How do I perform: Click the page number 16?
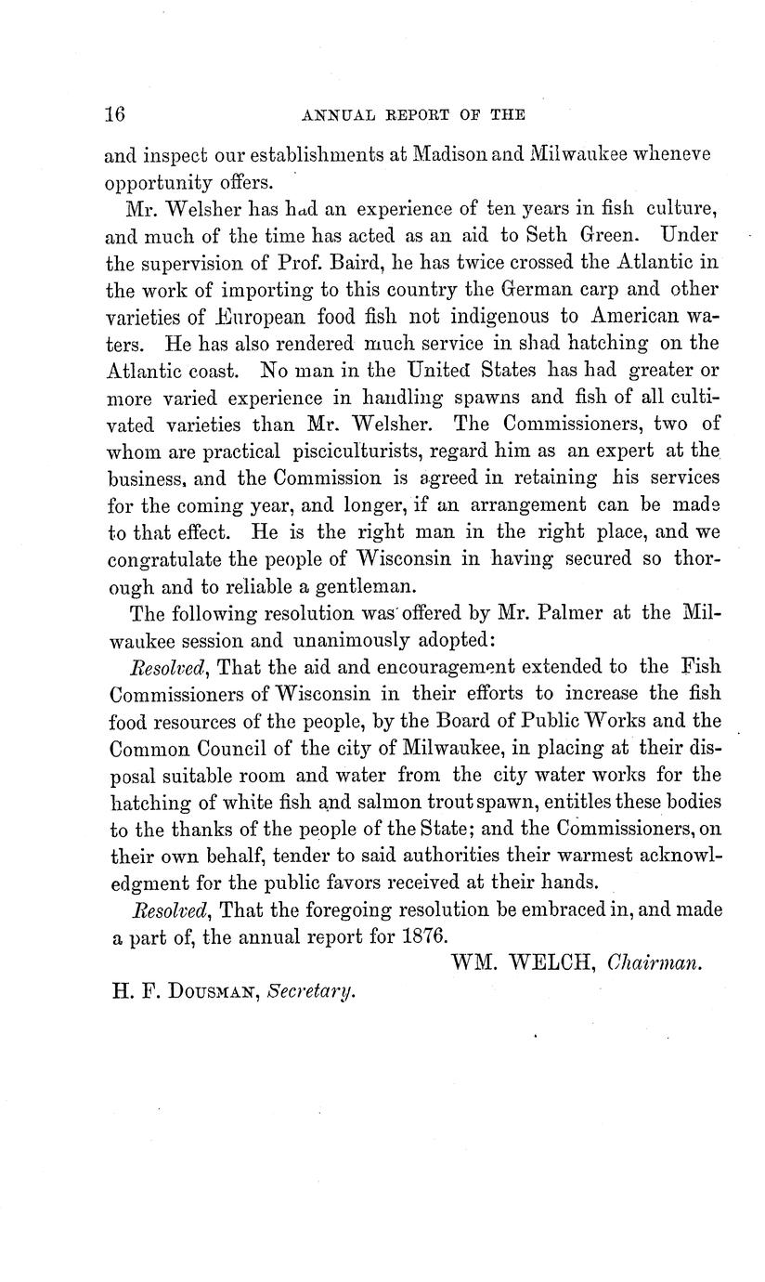(x=115, y=114)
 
